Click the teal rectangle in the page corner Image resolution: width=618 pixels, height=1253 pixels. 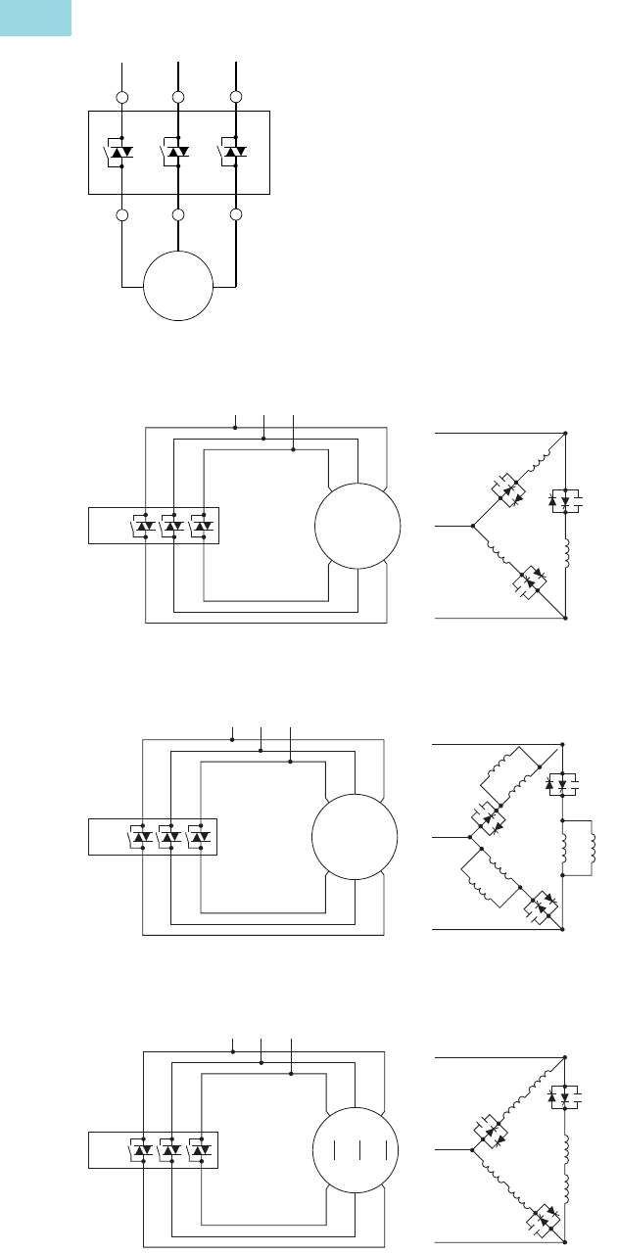(35, 18)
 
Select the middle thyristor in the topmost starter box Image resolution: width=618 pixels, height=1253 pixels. (177, 152)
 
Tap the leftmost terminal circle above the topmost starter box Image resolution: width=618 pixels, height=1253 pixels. (121, 98)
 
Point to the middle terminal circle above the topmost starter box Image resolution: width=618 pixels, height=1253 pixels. (178, 98)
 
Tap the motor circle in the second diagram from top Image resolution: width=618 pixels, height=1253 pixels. (358, 527)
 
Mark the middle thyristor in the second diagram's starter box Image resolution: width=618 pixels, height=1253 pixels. (173, 527)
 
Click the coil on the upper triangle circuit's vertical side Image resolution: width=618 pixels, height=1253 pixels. (567, 556)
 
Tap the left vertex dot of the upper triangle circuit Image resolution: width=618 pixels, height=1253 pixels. (473, 526)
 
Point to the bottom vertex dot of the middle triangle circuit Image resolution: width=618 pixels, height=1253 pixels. (563, 928)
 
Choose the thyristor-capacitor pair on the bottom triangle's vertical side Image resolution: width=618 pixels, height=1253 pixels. (563, 1096)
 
